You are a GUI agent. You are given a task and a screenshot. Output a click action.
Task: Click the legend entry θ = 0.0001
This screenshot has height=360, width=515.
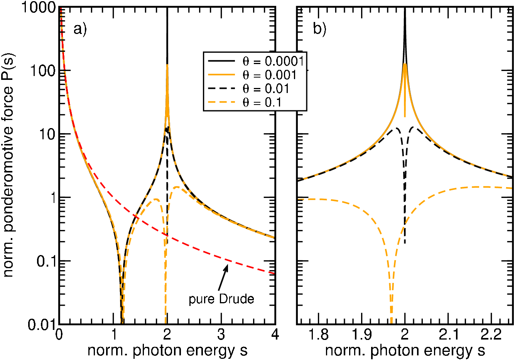pyautogui.click(x=256, y=61)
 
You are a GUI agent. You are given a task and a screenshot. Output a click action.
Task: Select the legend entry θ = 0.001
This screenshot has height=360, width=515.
pyautogui.click(x=252, y=75)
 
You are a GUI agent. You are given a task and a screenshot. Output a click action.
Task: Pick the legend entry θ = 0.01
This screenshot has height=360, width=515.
pyautogui.click(x=248, y=89)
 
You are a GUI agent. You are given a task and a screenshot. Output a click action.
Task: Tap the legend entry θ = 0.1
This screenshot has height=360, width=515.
pyautogui.click(x=245, y=102)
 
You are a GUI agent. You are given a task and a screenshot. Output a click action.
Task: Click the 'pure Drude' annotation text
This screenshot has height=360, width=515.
pyautogui.click(x=221, y=299)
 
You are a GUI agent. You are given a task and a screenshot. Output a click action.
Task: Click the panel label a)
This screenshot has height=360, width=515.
pyautogui.click(x=80, y=29)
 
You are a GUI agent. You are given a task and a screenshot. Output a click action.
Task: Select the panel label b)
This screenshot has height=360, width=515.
pyautogui.click(x=319, y=29)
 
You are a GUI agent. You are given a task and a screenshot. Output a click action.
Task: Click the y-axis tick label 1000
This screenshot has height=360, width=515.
pyautogui.click(x=39, y=7)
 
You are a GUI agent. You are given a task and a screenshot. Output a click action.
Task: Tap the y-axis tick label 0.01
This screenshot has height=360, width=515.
pyautogui.click(x=42, y=325)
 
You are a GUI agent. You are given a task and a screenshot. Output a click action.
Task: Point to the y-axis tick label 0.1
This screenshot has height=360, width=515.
pyautogui.click(x=46, y=261)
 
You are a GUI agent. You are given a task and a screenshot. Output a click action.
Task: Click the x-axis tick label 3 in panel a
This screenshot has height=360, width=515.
pyautogui.click(x=221, y=335)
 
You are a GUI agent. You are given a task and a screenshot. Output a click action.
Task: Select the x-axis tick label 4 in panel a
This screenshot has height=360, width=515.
pyautogui.click(x=275, y=335)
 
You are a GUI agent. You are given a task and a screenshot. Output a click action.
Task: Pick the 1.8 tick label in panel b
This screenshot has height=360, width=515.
pyautogui.click(x=318, y=335)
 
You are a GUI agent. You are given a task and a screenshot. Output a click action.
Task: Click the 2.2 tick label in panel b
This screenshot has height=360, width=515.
pyautogui.click(x=491, y=335)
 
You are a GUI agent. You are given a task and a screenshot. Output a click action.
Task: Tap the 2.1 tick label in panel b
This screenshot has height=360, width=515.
pyautogui.click(x=448, y=335)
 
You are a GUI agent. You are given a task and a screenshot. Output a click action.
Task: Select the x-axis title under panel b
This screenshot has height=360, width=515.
pyautogui.click(x=405, y=351)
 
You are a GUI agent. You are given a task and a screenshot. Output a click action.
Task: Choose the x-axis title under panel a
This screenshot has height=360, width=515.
pyautogui.click(x=167, y=351)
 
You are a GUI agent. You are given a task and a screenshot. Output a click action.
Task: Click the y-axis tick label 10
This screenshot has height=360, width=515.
pyautogui.click(x=47, y=134)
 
